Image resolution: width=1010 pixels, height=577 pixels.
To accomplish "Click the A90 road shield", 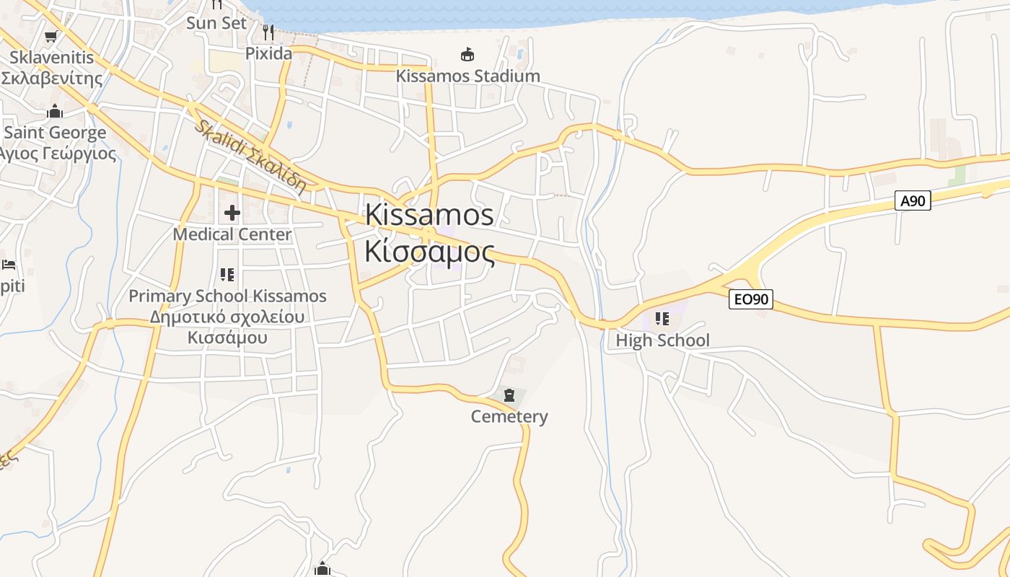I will pos(913,201).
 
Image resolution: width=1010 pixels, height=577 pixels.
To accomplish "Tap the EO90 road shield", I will pos(750,299).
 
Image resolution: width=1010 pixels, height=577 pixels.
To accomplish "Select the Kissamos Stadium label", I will pos(467,76).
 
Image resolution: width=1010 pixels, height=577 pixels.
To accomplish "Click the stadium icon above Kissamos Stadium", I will pos(467,54).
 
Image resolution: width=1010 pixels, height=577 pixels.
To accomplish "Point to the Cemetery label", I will pos(509,416).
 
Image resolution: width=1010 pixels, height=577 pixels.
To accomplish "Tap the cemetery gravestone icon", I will pos(509,395).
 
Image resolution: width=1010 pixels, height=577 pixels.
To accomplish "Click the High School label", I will pos(662,340).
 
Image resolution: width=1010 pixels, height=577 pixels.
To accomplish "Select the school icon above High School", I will pos(662,318).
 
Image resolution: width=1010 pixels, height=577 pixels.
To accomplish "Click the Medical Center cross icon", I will pos(232,212).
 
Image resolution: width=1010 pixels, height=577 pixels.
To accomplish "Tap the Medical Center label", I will pos(232,234).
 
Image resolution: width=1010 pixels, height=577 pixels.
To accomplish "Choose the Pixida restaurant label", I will pos(268,53).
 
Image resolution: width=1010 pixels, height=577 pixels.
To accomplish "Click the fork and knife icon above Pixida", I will pos(268,32).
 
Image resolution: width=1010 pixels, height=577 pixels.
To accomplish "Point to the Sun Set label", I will pos(216,23).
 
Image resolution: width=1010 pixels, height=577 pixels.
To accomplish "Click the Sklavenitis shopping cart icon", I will pos(50,36).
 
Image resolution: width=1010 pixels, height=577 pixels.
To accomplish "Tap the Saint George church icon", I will pos(54,111).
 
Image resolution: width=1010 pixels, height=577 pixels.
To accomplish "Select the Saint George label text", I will pos(55,133).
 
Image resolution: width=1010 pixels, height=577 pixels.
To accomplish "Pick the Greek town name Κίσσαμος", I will pos(429,252).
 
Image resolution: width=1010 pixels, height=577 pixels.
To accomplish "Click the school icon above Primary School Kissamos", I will pos(227,274).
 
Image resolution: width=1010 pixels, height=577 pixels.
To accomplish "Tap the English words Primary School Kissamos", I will pos(227,296).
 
